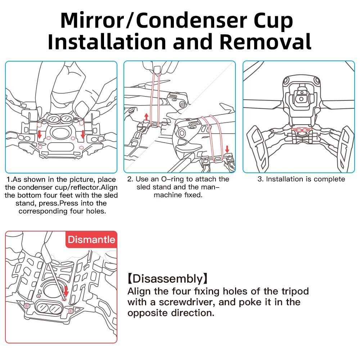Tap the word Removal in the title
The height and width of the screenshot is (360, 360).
[265, 41]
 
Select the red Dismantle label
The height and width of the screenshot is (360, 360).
[91, 239]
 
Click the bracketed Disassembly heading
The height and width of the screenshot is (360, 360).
[168, 279]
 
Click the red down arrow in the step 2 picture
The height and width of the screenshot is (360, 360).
[227, 149]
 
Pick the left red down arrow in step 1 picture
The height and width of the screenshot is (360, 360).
[40, 134]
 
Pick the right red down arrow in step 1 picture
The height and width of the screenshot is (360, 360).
[83, 134]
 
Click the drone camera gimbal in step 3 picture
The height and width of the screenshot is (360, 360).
[302, 96]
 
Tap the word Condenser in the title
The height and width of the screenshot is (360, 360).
[192, 21]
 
